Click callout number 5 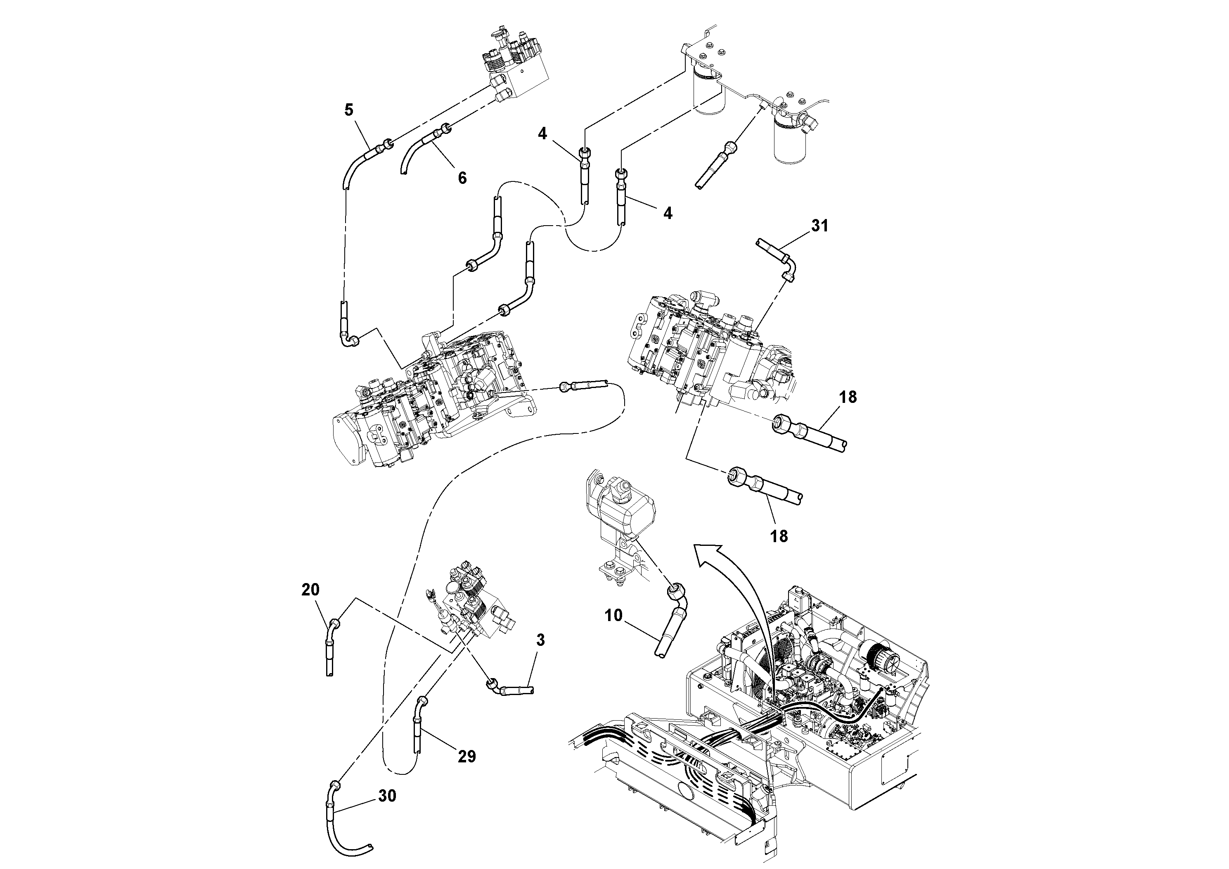(348, 110)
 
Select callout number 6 (462, 178)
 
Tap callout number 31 (819, 226)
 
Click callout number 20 (310, 589)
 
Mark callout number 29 (467, 757)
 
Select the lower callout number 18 (779, 536)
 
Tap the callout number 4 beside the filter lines (542, 133)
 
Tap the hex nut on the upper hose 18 (783, 423)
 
